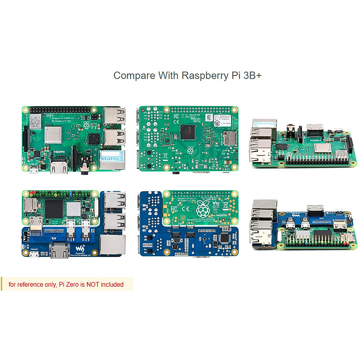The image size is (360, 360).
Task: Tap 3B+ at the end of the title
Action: (252, 75)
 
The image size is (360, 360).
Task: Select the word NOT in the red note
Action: (93, 284)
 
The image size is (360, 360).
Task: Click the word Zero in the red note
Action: (72, 284)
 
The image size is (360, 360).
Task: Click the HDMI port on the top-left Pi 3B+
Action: (58, 167)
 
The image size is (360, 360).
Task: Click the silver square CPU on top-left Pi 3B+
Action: (53, 135)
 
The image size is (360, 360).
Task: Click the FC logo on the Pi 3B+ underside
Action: (176, 116)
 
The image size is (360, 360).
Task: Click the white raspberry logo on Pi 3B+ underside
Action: (190, 150)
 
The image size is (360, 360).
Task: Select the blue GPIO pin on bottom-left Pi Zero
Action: (70, 193)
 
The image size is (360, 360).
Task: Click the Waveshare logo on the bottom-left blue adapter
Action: (80, 248)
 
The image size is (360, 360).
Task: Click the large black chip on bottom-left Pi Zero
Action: (54, 208)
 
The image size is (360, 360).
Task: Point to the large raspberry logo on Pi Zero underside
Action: (203, 209)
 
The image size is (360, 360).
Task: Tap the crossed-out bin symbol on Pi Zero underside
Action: (226, 206)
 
